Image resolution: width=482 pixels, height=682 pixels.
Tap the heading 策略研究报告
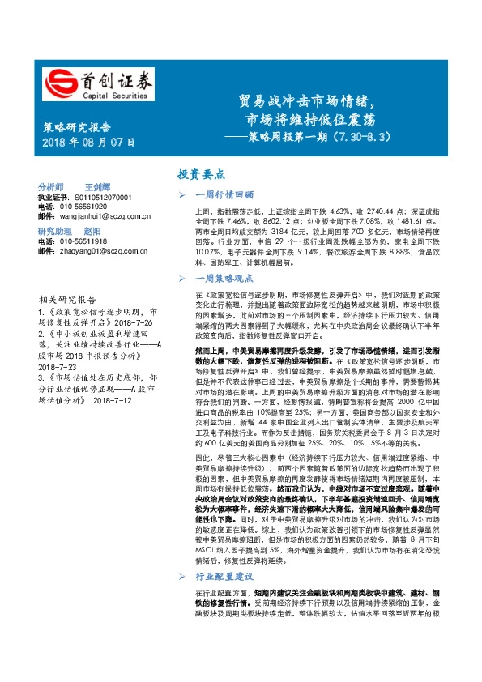click(75, 127)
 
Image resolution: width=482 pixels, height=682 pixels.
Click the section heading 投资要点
click(202, 175)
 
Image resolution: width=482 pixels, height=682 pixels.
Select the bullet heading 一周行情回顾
click(226, 195)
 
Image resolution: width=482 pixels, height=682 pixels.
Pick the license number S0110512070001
click(102, 197)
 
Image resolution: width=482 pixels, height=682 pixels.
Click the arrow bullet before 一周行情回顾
click(183, 196)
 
